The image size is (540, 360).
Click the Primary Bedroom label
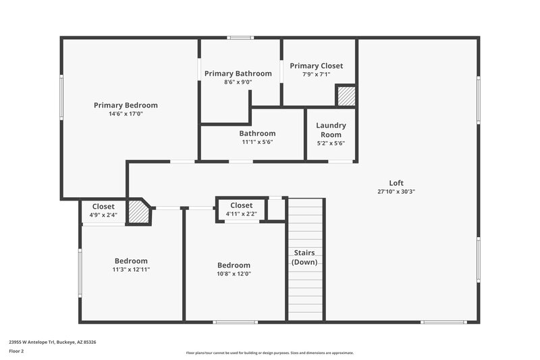tap(126, 105)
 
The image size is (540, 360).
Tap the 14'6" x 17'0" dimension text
tap(126, 114)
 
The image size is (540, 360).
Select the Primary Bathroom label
tap(238, 73)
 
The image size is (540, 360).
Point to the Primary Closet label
tap(316, 66)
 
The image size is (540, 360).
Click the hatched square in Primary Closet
tap(346, 96)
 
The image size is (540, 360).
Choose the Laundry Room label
tap(331, 130)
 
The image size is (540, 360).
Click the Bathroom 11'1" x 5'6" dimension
tap(257, 143)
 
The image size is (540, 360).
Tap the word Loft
tap(396, 182)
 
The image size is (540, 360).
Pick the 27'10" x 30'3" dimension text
tap(396, 191)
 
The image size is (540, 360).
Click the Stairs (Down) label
tap(304, 257)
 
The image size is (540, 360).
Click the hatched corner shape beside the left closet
tap(139, 212)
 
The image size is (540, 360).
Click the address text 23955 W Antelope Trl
tap(52, 342)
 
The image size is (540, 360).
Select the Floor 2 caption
tap(16, 352)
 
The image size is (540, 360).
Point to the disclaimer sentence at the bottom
tap(269, 353)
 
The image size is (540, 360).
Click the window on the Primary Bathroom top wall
tap(240, 38)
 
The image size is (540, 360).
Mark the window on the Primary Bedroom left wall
tap(61, 98)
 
